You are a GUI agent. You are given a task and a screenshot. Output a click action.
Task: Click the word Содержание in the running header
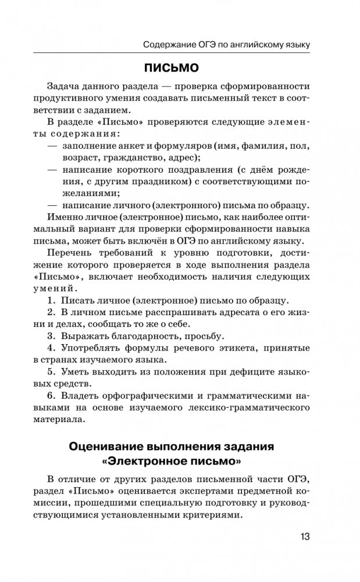click(168, 44)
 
